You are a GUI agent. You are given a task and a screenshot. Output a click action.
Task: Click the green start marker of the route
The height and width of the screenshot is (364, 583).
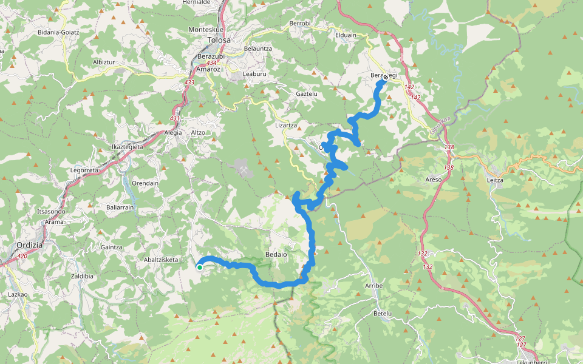click(199, 267)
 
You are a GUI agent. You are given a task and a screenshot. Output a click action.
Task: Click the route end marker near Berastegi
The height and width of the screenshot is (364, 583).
click(385, 77)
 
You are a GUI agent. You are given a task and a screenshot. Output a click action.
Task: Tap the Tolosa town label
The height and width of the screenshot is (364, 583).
click(219, 40)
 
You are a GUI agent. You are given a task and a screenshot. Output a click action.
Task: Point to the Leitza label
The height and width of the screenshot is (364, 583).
click(496, 180)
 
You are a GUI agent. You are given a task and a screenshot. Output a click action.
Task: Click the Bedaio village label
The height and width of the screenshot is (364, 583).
click(276, 254)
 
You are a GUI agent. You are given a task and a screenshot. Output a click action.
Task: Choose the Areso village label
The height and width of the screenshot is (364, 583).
click(433, 180)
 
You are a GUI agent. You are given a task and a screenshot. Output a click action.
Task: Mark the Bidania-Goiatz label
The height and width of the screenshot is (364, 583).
click(58, 32)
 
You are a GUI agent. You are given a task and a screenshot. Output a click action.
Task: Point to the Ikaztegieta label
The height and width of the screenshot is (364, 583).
click(127, 147)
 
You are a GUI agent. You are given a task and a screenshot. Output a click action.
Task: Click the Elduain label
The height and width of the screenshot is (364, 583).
click(346, 35)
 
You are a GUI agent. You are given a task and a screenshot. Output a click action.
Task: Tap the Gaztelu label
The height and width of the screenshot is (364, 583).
click(307, 94)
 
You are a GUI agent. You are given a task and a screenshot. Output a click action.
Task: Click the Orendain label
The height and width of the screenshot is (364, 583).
click(145, 183)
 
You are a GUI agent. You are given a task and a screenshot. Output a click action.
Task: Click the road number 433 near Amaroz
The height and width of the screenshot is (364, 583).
click(189, 82)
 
